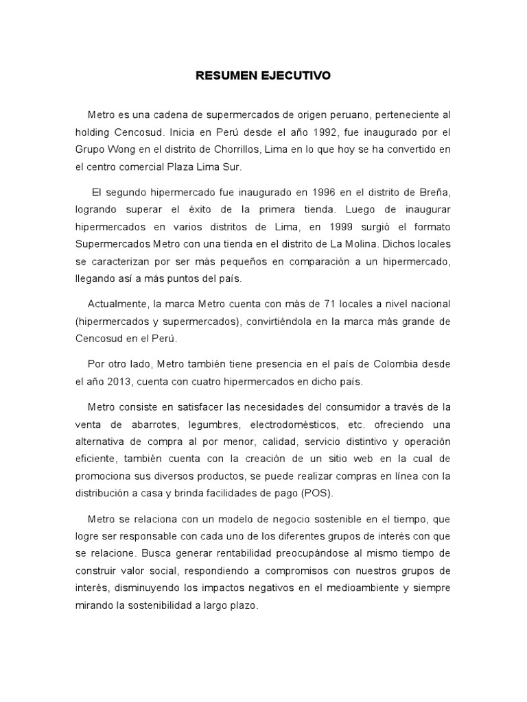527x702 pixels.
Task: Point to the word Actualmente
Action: [115, 303]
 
